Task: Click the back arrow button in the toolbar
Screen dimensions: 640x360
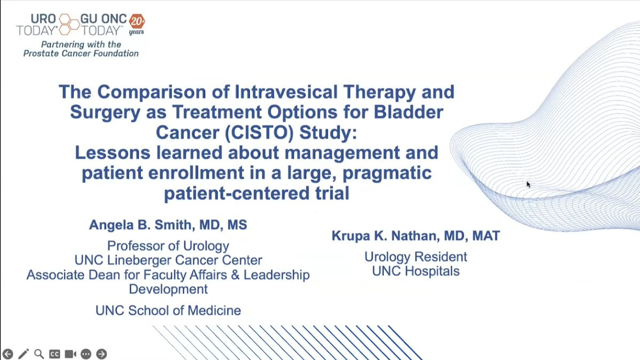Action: coord(7,354)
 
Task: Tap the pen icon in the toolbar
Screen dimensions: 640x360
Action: coord(23,354)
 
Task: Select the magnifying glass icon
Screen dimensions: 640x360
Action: coord(39,354)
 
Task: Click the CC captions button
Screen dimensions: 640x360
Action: coord(54,354)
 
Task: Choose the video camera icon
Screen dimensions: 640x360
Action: coord(70,354)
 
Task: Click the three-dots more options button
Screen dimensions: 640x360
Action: coord(86,354)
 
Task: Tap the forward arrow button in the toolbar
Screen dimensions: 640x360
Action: coord(101,354)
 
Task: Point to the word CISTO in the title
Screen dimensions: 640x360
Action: coord(259,132)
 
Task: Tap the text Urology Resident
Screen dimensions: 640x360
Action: coord(415,257)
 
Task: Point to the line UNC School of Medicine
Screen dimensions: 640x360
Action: coord(168,310)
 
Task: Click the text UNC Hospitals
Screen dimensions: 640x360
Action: coord(415,271)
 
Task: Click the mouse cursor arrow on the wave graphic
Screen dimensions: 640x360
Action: coord(529,185)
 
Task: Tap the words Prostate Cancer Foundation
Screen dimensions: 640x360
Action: coord(81,53)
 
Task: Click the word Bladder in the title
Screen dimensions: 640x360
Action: coord(409,112)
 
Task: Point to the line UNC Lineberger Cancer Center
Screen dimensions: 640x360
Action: coord(169,260)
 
